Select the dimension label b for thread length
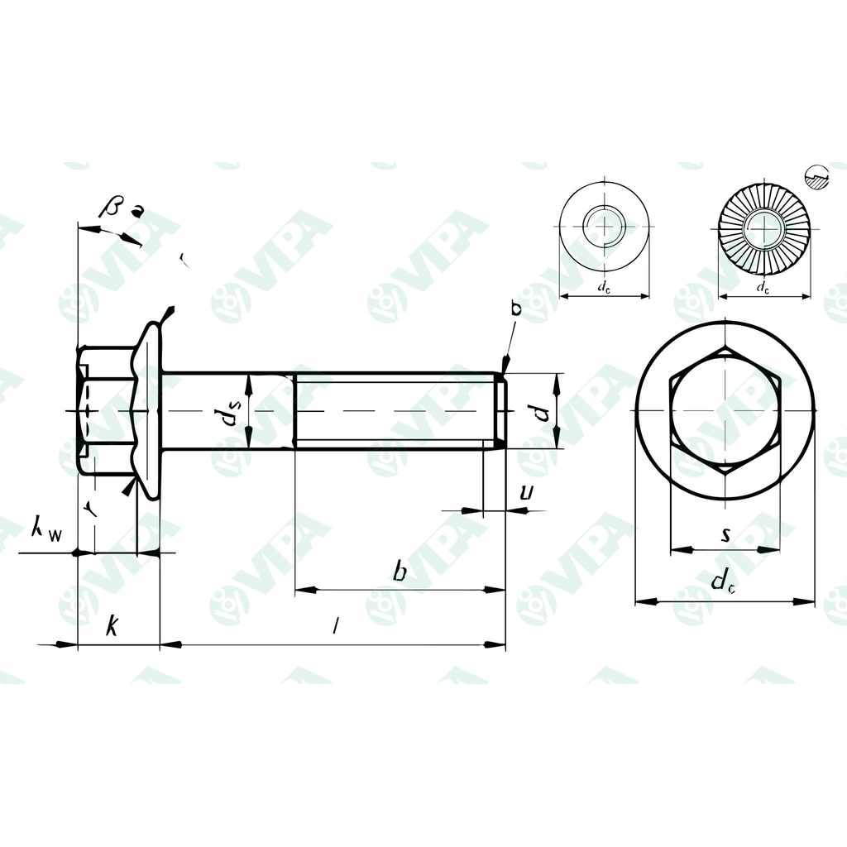(x=400, y=572)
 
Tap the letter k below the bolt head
(x=111, y=627)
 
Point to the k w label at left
(x=45, y=529)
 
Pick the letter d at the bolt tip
(x=542, y=411)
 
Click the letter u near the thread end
(x=525, y=493)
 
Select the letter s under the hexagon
(x=725, y=535)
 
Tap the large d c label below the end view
(x=724, y=581)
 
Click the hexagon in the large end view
(x=725, y=410)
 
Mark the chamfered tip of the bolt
(x=500, y=411)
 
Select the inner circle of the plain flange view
(x=604, y=225)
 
